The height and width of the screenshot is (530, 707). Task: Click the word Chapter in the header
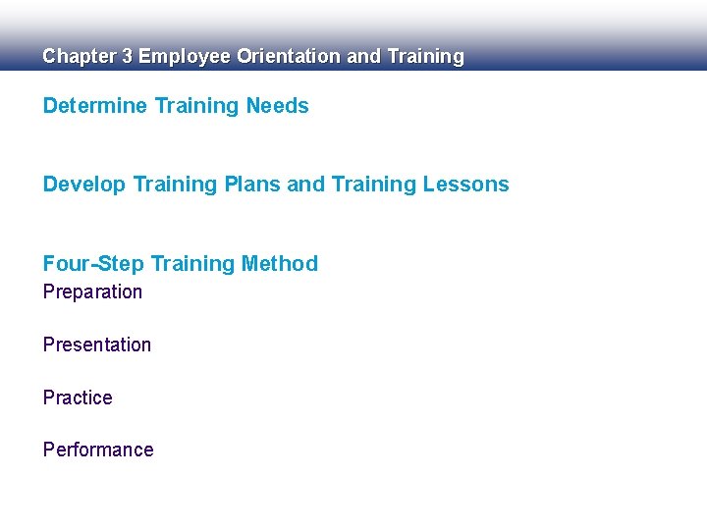[x=78, y=57]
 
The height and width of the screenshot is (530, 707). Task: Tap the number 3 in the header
[x=126, y=57]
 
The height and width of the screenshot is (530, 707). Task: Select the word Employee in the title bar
[x=184, y=57]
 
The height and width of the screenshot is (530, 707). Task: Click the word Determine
[x=95, y=106]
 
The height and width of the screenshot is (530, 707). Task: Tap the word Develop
[x=84, y=185]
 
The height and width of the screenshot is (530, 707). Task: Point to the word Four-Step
[x=92, y=263]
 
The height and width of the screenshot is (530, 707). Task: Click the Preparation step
[x=92, y=292]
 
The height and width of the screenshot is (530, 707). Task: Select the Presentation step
[x=97, y=344]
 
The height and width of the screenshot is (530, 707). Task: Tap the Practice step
[x=78, y=397]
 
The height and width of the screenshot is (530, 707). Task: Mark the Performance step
[x=98, y=450]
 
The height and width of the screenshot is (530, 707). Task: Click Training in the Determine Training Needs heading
[x=197, y=106]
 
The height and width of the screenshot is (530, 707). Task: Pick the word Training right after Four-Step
[x=191, y=263]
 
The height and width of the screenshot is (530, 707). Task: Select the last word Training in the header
[x=425, y=57]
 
